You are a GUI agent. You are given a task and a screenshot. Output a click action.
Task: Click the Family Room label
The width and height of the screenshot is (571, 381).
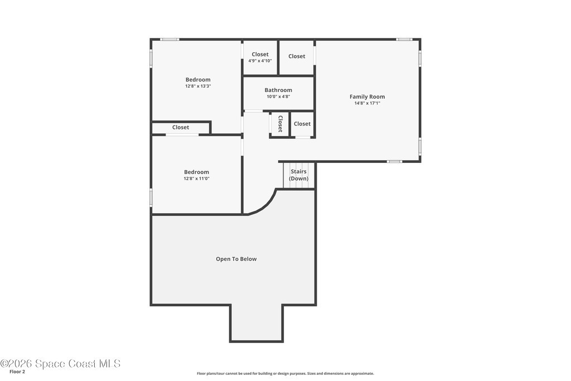point(367,97)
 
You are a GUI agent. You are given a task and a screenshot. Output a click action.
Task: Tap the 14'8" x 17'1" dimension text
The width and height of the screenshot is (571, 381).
point(367,103)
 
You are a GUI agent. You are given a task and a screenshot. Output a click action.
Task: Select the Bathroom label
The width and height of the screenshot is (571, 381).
point(278,90)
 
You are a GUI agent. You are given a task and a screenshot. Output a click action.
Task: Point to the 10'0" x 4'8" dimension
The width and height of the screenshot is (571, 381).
point(278,97)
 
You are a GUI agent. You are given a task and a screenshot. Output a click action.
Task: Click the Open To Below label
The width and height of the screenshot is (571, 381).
point(236,259)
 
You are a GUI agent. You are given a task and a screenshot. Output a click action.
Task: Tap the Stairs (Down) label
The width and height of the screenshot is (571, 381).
point(299,175)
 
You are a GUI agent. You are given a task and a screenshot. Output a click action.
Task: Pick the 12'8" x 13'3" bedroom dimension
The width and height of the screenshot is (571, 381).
point(198,86)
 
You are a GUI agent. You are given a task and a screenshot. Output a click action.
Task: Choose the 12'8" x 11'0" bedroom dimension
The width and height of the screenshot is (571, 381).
point(197,179)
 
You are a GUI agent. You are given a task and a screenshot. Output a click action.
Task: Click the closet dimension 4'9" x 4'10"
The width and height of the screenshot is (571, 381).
point(260,61)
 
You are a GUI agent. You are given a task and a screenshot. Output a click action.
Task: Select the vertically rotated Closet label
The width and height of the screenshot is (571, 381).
point(280,124)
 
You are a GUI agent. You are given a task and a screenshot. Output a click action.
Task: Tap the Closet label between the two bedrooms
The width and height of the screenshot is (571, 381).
point(181,127)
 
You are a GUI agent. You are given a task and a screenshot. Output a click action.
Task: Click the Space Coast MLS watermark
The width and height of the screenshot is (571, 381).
point(60,364)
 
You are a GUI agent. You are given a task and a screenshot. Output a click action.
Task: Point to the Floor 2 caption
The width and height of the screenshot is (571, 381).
point(17,372)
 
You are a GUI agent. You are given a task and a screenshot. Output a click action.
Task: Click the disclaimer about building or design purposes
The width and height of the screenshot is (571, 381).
point(285,373)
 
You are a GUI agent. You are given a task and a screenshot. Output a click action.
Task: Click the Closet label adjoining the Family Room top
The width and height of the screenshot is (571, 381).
point(297,56)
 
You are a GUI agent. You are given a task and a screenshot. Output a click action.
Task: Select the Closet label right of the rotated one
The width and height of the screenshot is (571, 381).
point(302,123)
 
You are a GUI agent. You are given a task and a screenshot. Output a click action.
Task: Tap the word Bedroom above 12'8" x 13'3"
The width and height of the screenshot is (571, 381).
point(198,79)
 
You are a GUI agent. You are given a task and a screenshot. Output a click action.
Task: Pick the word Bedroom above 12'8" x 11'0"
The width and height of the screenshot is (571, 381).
point(197,172)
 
